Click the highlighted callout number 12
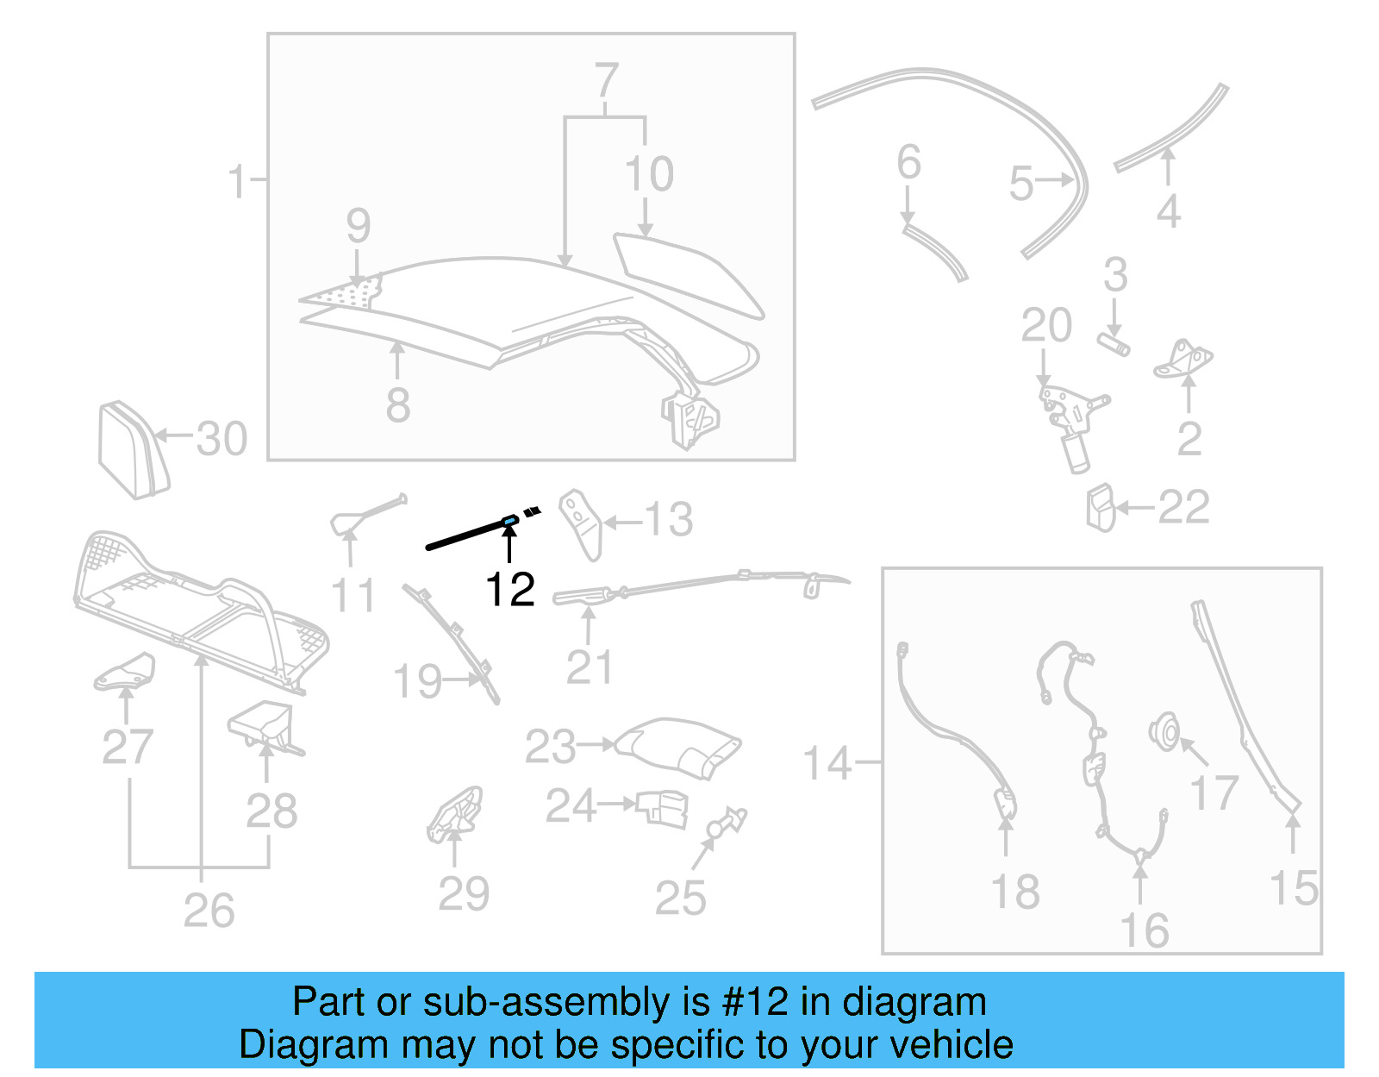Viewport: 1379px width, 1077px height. point(509,590)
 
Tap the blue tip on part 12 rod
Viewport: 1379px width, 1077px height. point(509,521)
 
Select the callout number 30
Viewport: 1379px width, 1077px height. point(222,439)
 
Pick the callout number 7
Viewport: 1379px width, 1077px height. point(606,81)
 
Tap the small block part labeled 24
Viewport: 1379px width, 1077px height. point(664,809)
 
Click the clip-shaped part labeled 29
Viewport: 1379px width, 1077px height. point(455,814)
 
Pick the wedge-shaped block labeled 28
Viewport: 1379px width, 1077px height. point(264,724)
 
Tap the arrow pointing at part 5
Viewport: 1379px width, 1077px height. point(1054,180)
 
